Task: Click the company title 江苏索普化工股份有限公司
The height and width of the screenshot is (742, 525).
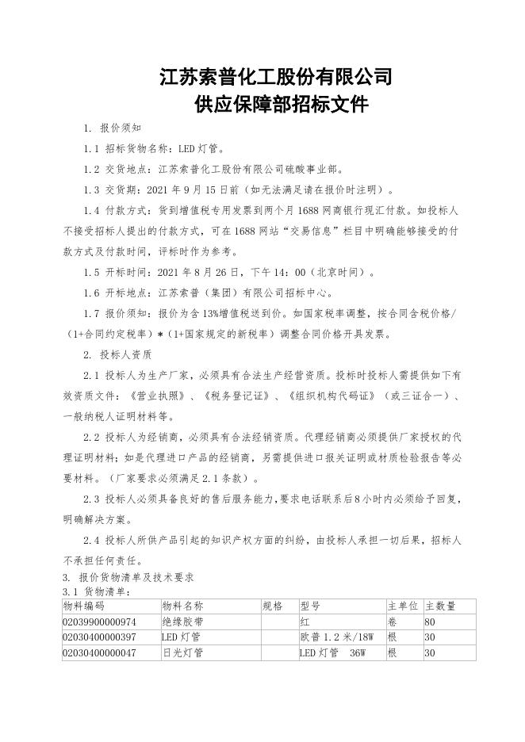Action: click(x=275, y=77)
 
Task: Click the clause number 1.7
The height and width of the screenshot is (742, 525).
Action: click(x=91, y=314)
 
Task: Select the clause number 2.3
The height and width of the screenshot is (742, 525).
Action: click(x=91, y=499)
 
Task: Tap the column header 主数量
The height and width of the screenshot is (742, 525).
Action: click(x=441, y=606)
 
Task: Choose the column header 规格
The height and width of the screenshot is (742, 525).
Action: click(x=271, y=606)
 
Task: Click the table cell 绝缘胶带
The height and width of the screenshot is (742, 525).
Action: click(x=182, y=622)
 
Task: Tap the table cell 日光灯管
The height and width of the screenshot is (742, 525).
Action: click(x=182, y=653)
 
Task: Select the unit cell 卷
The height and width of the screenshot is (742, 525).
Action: click(x=391, y=622)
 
